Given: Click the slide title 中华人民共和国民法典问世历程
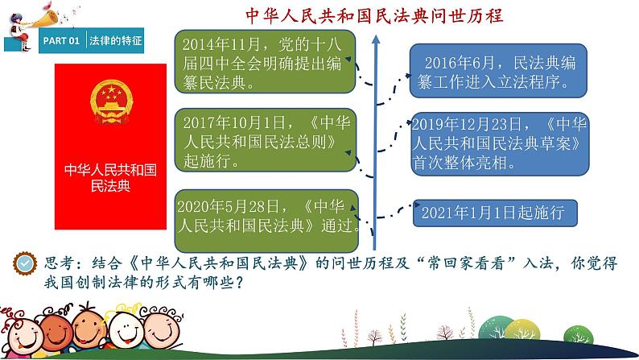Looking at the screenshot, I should [374, 16].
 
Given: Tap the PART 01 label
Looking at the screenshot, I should [61, 39].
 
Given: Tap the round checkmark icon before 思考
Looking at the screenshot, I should [26, 263].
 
